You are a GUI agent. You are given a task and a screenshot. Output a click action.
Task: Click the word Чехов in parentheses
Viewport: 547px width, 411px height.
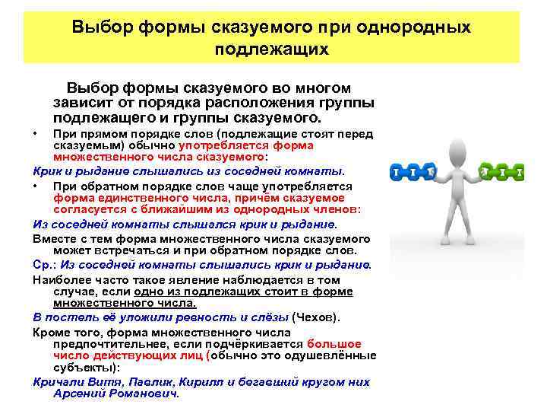click(314, 316)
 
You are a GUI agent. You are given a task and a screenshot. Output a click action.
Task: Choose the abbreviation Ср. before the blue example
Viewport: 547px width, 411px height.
click(44, 265)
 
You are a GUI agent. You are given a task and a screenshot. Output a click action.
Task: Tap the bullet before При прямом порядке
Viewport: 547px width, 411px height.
click(36, 134)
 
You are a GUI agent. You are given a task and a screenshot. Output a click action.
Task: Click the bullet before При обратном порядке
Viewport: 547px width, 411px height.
click(36, 186)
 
